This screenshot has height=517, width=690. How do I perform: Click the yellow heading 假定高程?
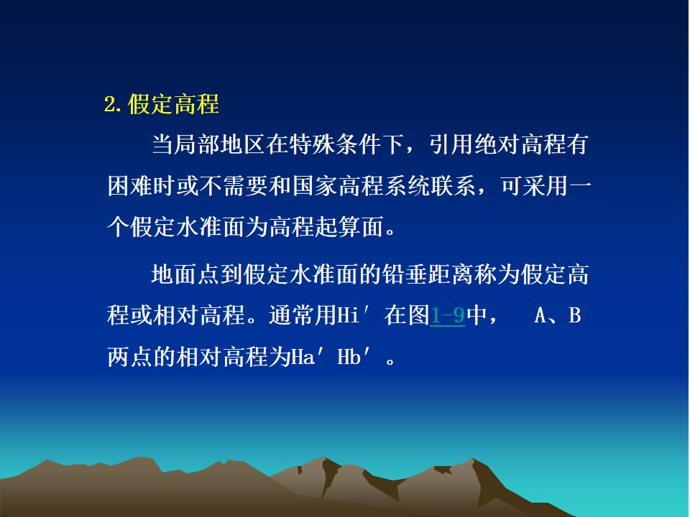pyautogui.click(x=173, y=105)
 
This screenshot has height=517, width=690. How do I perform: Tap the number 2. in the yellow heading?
pyautogui.click(x=113, y=105)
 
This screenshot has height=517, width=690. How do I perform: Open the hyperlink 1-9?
pyautogui.click(x=447, y=315)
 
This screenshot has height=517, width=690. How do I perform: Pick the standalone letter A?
pyautogui.click(x=540, y=315)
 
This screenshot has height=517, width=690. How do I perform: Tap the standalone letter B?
pyautogui.click(x=575, y=315)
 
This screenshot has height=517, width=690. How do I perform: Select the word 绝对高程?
pyautogui.click(x=520, y=144)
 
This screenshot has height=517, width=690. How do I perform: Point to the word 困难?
pyautogui.click(x=130, y=185)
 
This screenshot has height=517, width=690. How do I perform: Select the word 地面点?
pyautogui.click(x=186, y=274)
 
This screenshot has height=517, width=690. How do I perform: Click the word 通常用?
pyautogui.click(x=303, y=315)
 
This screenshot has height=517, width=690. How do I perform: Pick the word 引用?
pyautogui.click(x=452, y=144)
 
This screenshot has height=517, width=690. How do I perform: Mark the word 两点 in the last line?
pyautogui.click(x=130, y=357)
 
